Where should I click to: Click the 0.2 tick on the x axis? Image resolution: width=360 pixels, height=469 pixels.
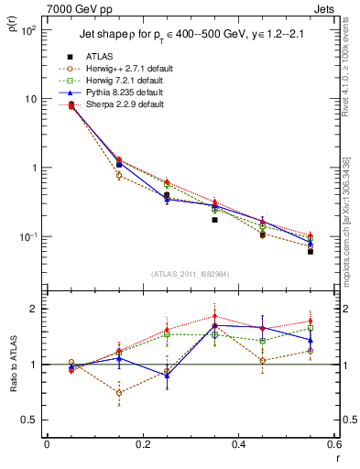(142, 445)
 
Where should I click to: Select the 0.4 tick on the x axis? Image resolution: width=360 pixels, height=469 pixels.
(238, 445)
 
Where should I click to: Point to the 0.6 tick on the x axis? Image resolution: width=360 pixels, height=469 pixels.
(333, 445)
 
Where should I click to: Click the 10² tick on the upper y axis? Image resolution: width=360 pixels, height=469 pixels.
(29, 30)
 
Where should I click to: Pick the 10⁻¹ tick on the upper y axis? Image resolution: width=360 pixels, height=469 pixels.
(29, 237)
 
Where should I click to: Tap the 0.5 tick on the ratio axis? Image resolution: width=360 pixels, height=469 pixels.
(31, 420)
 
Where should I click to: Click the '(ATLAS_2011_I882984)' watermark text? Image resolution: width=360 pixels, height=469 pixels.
(191, 274)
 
